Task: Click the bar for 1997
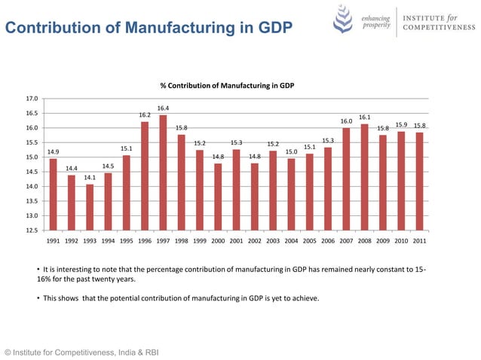163,172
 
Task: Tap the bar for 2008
365,177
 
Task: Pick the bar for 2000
218,197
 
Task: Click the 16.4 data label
163,108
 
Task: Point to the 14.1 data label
90,178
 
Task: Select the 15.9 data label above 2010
401,125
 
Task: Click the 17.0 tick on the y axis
32,99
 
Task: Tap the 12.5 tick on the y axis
32,230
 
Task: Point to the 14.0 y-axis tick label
32,187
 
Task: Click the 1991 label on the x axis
54,242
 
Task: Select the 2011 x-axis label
419,242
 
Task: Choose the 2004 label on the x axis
291,242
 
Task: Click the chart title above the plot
226,86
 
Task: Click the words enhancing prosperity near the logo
375,21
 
